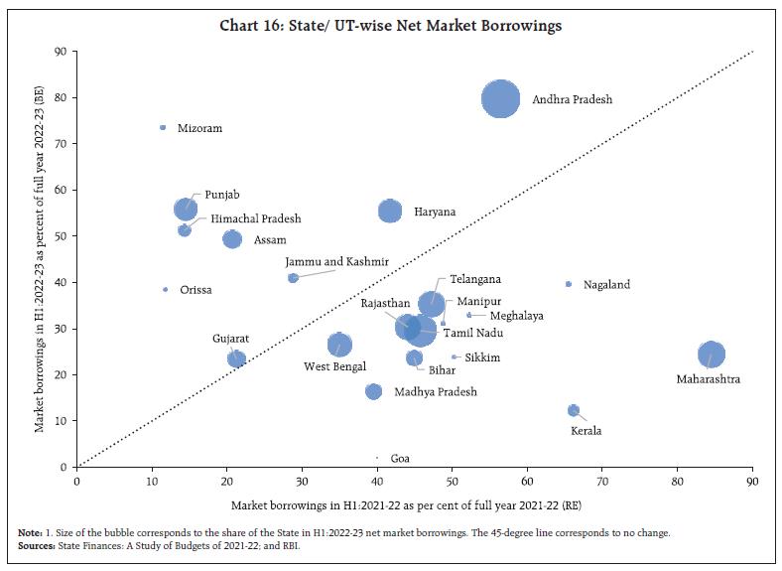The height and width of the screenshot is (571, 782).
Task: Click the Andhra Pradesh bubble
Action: point(501,99)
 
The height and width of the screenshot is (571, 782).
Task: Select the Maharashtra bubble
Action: point(711,355)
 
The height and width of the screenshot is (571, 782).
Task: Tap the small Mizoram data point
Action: point(163,128)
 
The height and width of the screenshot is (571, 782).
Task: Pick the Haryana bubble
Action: point(390,212)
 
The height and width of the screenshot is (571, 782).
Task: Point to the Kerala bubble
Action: point(574,410)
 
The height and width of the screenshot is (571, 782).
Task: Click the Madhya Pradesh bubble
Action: point(373,391)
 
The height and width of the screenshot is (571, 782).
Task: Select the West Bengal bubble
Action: point(339,345)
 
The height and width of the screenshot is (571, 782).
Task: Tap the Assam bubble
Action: point(232,239)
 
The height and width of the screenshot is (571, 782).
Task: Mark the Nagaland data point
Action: point(568,284)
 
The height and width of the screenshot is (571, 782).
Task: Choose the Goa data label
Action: point(400,459)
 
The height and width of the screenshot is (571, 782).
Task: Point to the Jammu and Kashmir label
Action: point(336,262)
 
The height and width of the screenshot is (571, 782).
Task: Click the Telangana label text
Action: point(474,279)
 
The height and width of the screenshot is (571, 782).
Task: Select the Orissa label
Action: point(195,290)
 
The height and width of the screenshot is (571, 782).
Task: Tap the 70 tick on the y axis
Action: point(61,143)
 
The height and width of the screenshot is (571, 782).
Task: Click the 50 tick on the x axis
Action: point(452,483)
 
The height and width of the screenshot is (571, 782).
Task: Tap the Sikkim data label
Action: point(482,357)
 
